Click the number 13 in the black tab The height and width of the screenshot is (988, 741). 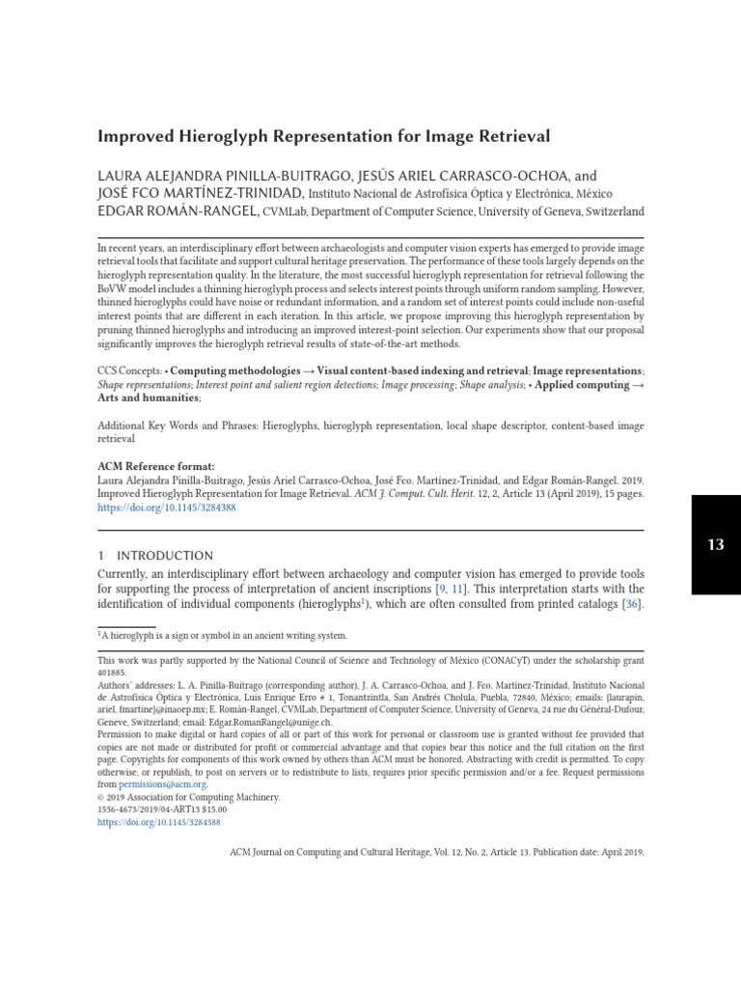(x=715, y=544)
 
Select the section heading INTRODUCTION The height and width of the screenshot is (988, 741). (x=165, y=556)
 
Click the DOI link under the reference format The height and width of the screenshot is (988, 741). (x=167, y=507)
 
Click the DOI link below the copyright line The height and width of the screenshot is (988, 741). (x=159, y=822)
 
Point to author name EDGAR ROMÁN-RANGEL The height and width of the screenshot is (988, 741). (x=178, y=210)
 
